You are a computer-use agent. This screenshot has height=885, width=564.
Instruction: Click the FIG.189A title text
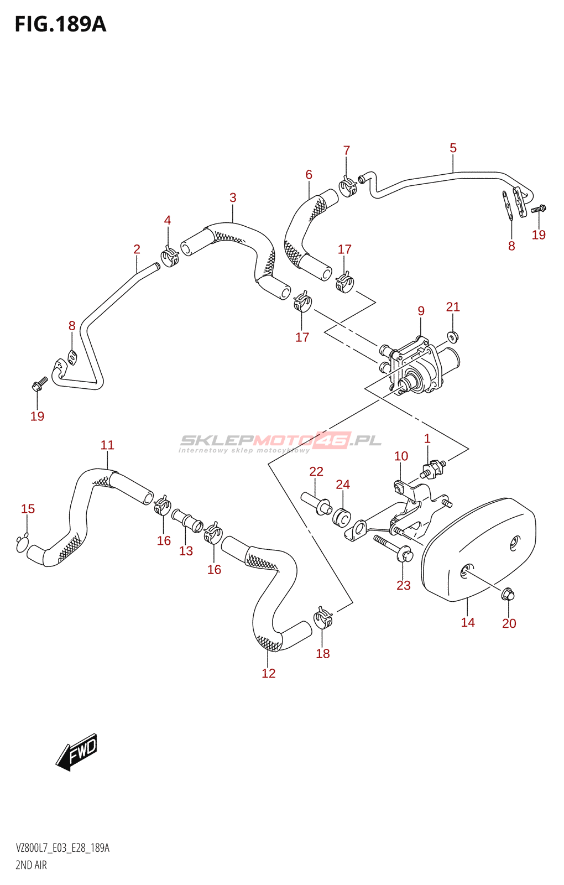point(60,24)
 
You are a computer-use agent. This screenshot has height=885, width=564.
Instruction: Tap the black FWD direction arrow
point(77,752)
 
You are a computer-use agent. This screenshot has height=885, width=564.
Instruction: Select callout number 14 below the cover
point(468,622)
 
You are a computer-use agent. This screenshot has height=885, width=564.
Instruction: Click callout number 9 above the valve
point(421,311)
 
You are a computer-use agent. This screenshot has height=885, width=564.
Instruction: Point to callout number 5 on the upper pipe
point(453,148)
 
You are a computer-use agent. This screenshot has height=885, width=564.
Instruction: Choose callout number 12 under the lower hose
point(269,673)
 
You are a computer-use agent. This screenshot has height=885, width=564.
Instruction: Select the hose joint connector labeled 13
point(187,520)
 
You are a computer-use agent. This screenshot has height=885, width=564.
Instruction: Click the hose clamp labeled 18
point(323,618)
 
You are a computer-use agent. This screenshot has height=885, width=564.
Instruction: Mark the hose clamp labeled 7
point(348,186)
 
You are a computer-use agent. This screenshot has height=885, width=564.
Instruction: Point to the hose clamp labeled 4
point(170,256)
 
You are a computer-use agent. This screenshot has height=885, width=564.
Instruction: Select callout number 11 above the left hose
point(107,445)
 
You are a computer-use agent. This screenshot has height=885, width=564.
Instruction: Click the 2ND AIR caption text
point(31,865)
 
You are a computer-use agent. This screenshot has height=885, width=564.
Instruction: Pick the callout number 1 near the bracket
point(427,439)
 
